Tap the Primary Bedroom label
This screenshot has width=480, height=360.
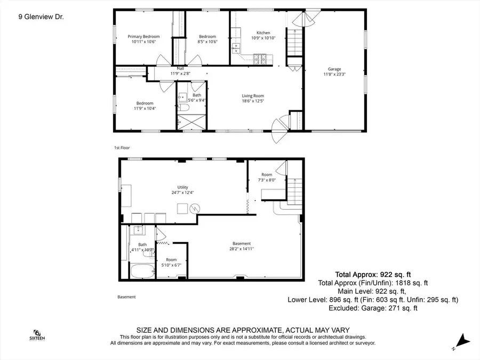143,37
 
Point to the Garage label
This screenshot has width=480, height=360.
334,69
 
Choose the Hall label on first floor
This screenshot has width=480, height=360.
180,68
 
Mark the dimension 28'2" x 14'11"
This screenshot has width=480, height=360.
241,248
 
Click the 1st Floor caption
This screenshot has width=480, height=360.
122,148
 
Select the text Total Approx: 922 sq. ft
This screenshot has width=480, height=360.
372,274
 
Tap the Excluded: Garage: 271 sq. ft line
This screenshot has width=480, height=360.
373,308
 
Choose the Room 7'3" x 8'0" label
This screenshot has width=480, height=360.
267,178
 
